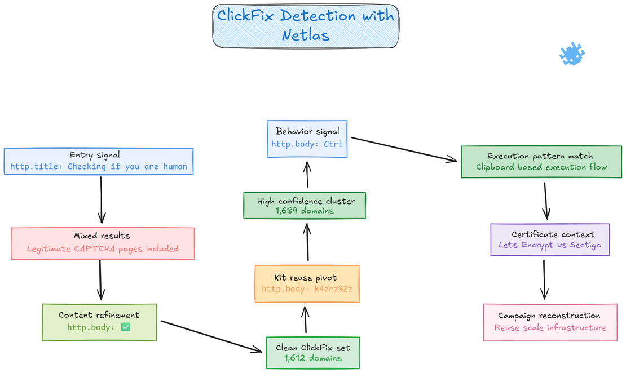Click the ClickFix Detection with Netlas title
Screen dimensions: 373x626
coord(306,25)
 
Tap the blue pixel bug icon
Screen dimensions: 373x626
coord(571,54)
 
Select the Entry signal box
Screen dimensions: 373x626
coord(99,161)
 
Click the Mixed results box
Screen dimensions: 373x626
coord(102,243)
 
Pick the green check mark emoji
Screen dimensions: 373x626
coord(126,327)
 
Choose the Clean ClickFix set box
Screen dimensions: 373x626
coord(312,352)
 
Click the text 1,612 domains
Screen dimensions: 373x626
coord(312,358)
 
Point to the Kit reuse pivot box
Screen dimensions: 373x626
coord(307,283)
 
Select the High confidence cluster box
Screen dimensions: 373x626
coord(304,206)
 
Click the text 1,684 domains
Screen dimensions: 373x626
coord(304,211)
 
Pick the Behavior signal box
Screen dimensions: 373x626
coord(307,137)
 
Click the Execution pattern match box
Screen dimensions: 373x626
coord(541,162)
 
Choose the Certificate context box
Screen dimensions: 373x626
coord(550,239)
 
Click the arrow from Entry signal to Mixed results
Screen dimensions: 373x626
coord(102,199)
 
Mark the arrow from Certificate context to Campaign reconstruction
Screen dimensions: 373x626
coord(544,279)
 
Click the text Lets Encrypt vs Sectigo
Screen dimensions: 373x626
coord(550,245)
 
